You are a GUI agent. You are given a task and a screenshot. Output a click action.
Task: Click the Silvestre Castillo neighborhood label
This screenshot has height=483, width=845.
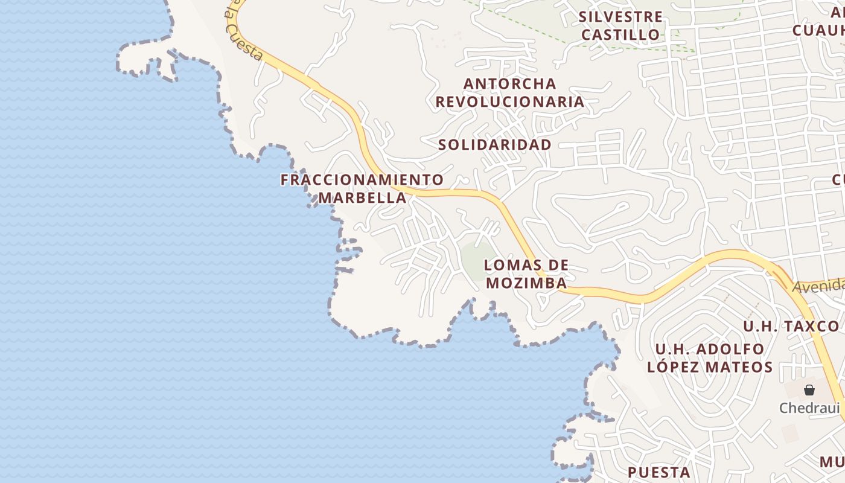620,25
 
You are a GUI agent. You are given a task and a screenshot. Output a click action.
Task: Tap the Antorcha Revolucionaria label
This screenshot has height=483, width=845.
510,92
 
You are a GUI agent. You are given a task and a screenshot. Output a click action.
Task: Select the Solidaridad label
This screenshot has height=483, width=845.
495,145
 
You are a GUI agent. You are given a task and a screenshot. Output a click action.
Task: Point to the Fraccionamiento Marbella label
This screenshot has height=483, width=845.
362,188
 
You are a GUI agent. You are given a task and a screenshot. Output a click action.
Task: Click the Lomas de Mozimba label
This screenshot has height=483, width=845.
527,274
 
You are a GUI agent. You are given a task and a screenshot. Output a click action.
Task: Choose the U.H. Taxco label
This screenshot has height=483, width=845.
791,327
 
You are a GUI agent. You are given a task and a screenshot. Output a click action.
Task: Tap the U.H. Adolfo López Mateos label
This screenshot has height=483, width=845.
710,358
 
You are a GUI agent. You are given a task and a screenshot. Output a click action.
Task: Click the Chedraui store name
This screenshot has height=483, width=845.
809,408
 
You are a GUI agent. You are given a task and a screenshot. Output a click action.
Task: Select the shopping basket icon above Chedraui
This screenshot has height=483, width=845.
809,390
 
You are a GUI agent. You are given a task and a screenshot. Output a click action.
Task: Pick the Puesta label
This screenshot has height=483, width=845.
659,472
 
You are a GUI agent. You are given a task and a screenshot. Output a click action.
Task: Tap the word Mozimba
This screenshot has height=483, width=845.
527,283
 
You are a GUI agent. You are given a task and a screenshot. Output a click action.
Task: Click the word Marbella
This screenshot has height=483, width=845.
362,197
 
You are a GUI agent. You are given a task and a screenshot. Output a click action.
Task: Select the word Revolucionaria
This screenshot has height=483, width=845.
510,101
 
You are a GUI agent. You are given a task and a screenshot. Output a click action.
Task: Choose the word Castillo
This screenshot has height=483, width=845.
620,34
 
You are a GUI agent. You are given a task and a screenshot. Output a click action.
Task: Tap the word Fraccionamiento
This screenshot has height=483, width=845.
362,180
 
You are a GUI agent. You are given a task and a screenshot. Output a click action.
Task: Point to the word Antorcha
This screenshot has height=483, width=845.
510,83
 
